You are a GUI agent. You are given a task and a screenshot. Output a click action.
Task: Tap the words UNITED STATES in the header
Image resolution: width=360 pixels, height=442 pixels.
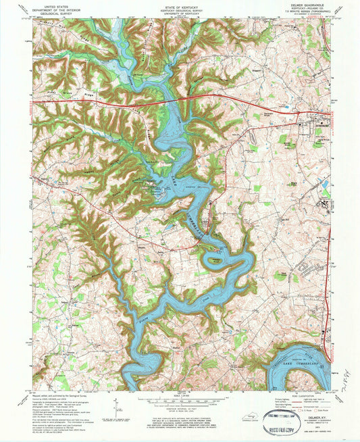tap(54, 3)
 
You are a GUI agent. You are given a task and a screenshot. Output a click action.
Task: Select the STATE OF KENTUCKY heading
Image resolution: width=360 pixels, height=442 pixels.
tap(180, 3)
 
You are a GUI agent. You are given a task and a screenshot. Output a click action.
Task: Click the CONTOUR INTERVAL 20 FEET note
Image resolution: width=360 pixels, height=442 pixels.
tap(180, 410)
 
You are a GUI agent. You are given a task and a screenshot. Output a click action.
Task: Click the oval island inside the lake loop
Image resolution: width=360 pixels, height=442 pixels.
tap(215, 258)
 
